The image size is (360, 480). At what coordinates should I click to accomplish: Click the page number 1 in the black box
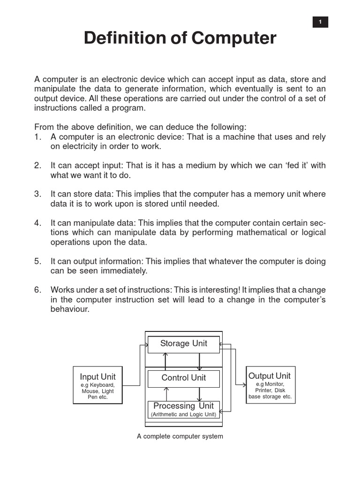coord(320,22)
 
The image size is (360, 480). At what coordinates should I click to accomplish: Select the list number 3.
coord(38,194)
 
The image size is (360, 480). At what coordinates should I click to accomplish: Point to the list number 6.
coord(38,290)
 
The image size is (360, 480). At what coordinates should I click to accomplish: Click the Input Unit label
coord(97,377)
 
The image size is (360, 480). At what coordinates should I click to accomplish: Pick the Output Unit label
coord(270,376)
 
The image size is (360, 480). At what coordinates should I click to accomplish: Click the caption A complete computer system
coord(180,436)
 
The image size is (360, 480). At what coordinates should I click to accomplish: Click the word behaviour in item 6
coord(69,309)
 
